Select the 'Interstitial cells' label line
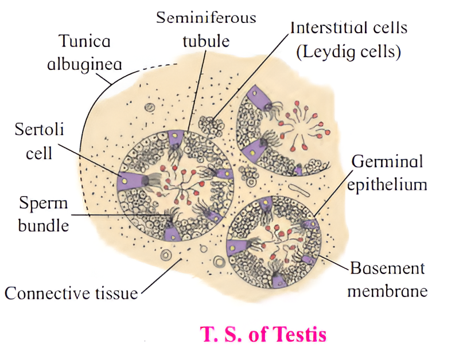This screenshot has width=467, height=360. point(346,27)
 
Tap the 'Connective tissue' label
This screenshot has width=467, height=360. point(71,293)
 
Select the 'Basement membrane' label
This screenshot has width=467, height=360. point(388,279)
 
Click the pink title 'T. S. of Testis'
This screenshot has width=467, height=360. point(263,334)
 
